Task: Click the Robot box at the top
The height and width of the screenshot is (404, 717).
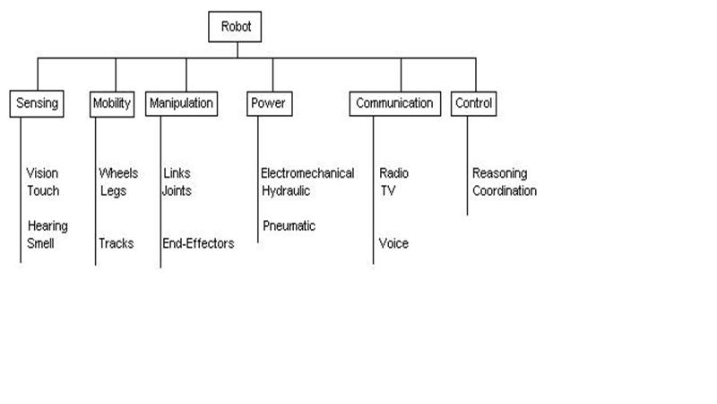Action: [237, 27]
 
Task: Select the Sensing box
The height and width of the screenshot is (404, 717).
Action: [38, 103]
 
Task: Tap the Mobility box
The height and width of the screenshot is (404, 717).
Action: [112, 103]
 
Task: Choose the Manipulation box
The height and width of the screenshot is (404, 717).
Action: [181, 103]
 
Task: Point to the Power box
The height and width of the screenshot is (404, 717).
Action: [267, 103]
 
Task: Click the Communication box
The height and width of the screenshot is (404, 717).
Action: [394, 103]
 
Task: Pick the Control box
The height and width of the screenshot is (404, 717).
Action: [474, 103]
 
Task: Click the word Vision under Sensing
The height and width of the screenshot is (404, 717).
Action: [42, 173]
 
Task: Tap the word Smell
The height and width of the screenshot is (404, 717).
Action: [41, 243]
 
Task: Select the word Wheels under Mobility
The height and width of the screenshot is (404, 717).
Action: [118, 173]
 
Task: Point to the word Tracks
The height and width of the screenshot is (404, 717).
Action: [117, 243]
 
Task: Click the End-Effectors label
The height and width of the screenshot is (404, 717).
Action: [198, 243]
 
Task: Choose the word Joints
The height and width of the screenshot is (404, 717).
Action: [177, 190]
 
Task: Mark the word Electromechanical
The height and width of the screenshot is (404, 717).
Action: [307, 173]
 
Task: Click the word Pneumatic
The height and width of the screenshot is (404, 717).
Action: [289, 226]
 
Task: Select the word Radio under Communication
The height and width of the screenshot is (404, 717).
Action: [394, 173]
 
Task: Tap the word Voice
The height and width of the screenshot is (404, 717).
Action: [393, 243]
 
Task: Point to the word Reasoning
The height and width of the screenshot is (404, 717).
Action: [499, 173]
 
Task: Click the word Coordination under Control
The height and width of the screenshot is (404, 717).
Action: [505, 190]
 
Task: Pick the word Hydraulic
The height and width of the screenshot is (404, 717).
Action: [286, 190]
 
